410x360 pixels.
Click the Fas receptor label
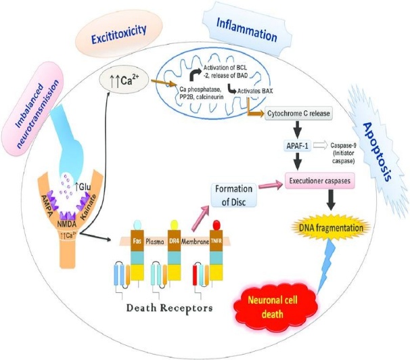pyautogui.click(x=137, y=238)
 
